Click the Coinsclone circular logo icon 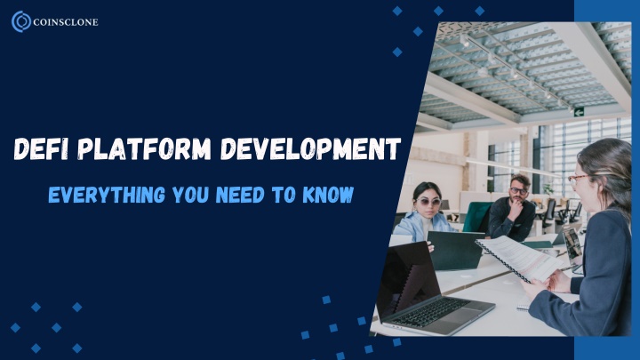[21, 21]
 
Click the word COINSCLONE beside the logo [65, 22]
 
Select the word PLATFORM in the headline [145, 148]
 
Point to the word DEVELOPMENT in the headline [311, 148]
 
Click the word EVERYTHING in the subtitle [107, 195]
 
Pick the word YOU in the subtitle [190, 195]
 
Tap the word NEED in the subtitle [240, 195]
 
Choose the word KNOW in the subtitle [328, 195]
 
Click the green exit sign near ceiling [579, 112]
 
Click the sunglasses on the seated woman [428, 202]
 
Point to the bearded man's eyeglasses [518, 190]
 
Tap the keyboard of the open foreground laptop [430, 310]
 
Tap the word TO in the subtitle [284, 195]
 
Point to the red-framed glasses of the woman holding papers [577, 180]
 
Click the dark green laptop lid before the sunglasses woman [455, 250]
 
